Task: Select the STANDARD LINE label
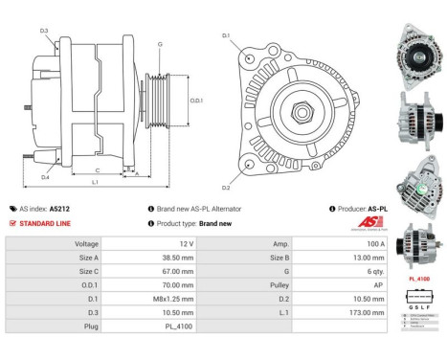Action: coord(45,223)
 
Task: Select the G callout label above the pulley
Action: coord(159,44)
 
